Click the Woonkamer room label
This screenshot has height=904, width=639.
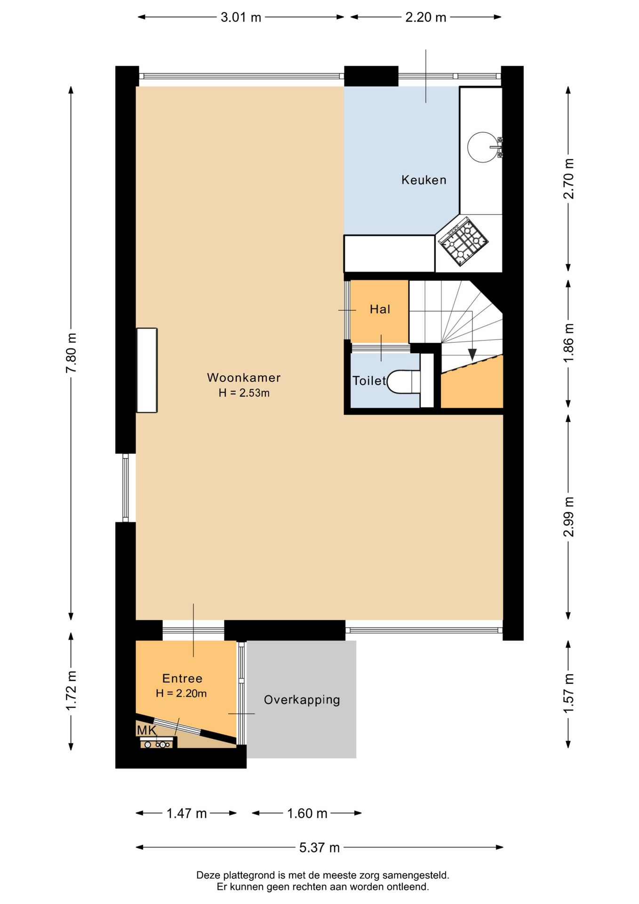point(244,377)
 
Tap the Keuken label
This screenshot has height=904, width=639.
point(423,179)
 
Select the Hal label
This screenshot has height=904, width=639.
point(380,309)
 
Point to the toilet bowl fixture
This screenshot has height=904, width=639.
point(403,382)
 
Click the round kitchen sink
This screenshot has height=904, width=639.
point(483,147)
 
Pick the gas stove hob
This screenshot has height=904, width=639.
point(463,241)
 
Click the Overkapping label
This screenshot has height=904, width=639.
point(302,700)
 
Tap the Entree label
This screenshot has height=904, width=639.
point(182,678)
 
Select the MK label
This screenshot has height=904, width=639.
point(146,730)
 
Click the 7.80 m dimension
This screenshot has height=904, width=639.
point(71,353)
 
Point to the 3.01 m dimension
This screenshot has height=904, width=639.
point(241,17)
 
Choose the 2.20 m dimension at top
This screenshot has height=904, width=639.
point(426,17)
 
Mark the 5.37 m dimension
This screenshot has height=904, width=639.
point(319,847)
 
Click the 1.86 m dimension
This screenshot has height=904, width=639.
point(568,342)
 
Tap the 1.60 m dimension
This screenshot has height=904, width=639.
point(307,813)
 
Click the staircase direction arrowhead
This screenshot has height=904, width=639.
point(472,355)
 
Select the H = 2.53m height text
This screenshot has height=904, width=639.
point(244,393)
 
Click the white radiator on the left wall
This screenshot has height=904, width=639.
point(147,370)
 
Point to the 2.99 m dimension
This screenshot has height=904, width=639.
point(568,517)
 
